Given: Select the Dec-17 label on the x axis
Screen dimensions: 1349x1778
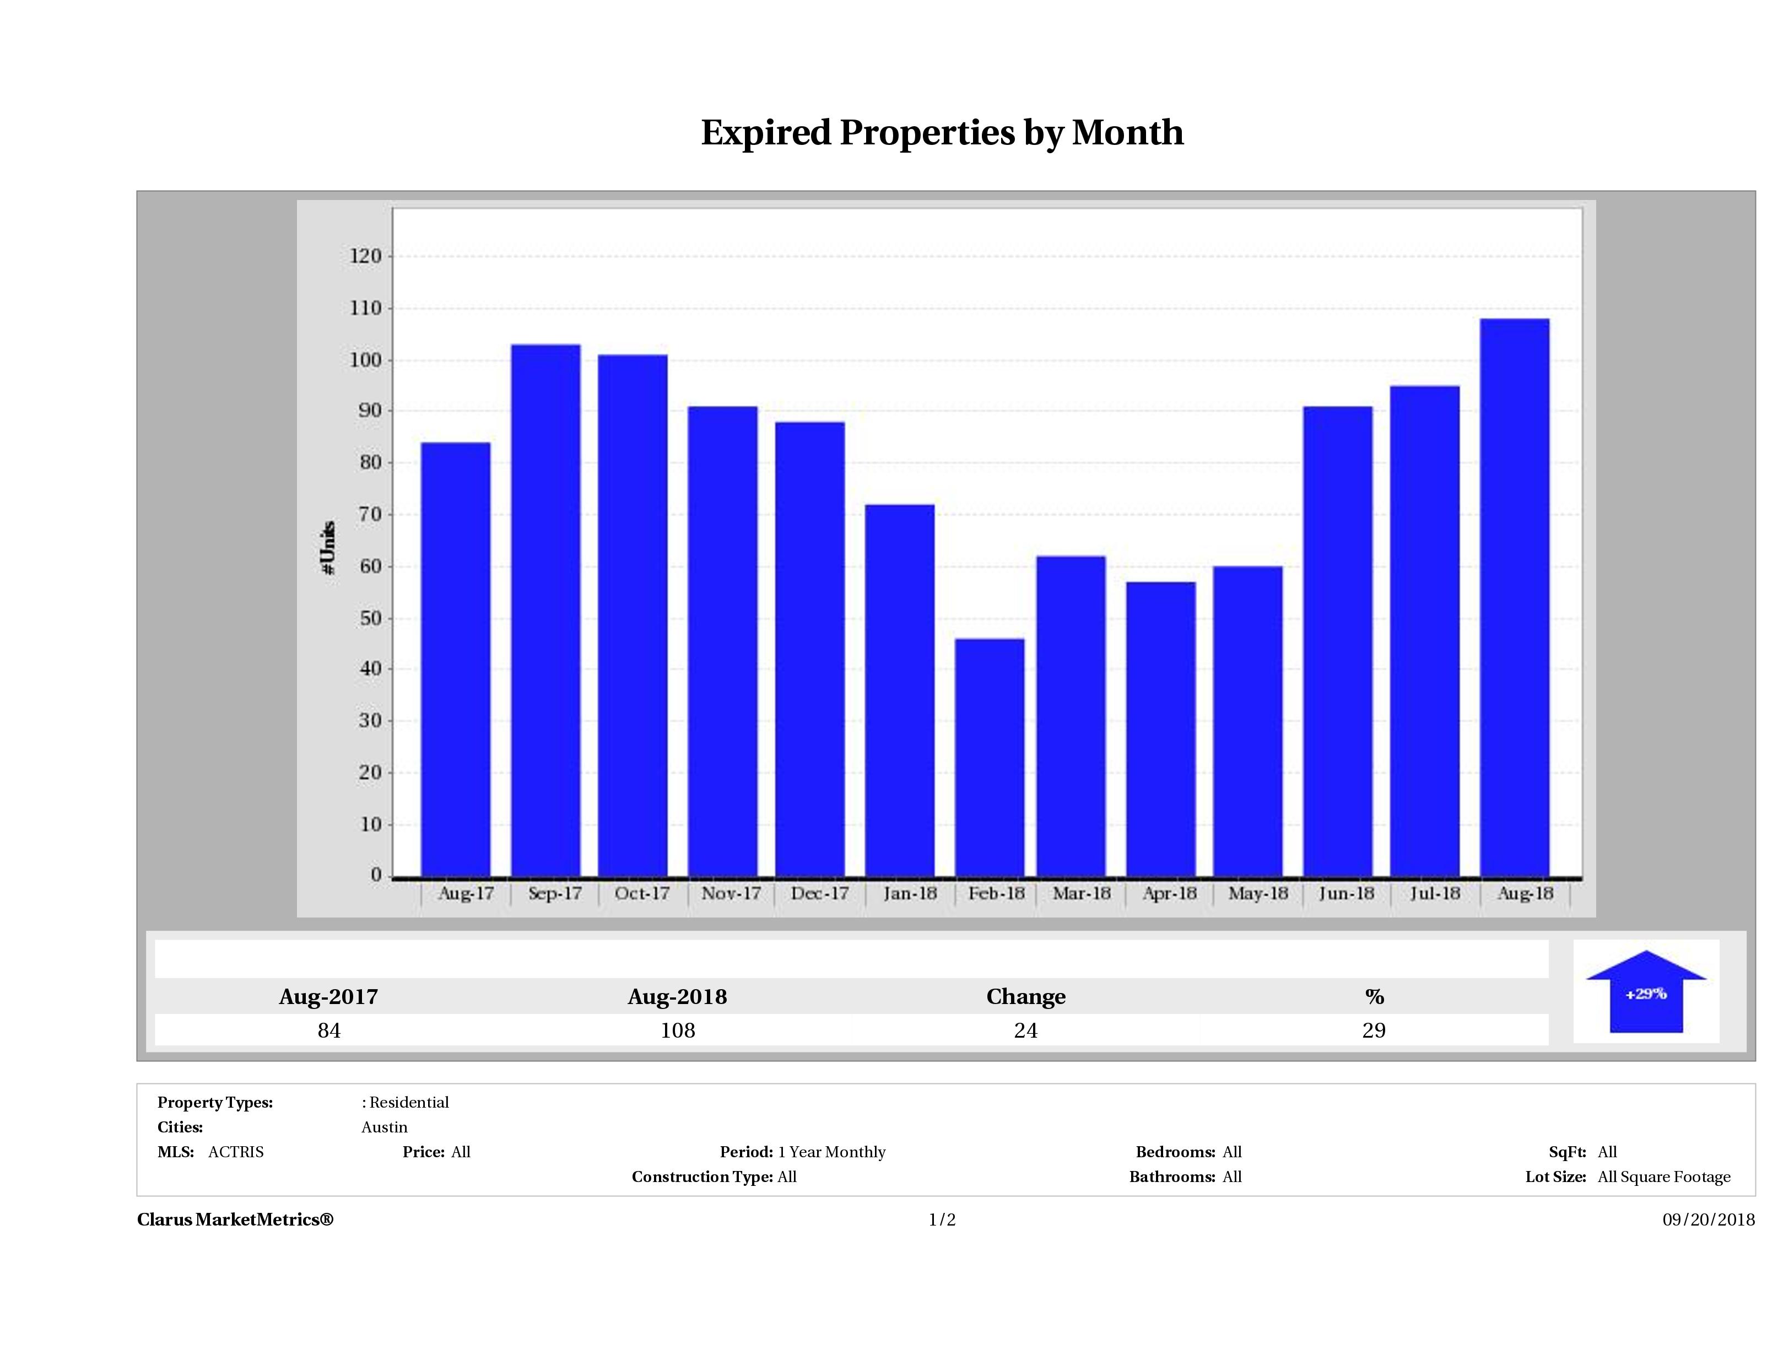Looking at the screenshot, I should pos(819,893).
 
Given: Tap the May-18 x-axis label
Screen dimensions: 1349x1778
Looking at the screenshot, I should pos(1258,893).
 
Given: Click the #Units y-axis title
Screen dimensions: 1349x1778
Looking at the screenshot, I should pos(328,547).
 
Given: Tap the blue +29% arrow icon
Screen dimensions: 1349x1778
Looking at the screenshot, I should pos(1645,994).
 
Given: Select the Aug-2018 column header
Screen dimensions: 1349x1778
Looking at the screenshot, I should pos(677,997).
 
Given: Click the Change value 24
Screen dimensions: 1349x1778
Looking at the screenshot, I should pos(1026,1030).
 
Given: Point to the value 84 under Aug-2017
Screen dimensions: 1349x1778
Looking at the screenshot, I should pos(329,1030).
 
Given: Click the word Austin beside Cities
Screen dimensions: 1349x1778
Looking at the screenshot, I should pos(384,1127).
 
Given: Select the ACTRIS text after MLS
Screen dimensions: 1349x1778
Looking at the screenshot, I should pos(235,1152).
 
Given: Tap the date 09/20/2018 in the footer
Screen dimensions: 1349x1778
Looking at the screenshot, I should pos(1708,1220).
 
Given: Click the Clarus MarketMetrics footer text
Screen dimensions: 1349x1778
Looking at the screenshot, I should pos(235,1220).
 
